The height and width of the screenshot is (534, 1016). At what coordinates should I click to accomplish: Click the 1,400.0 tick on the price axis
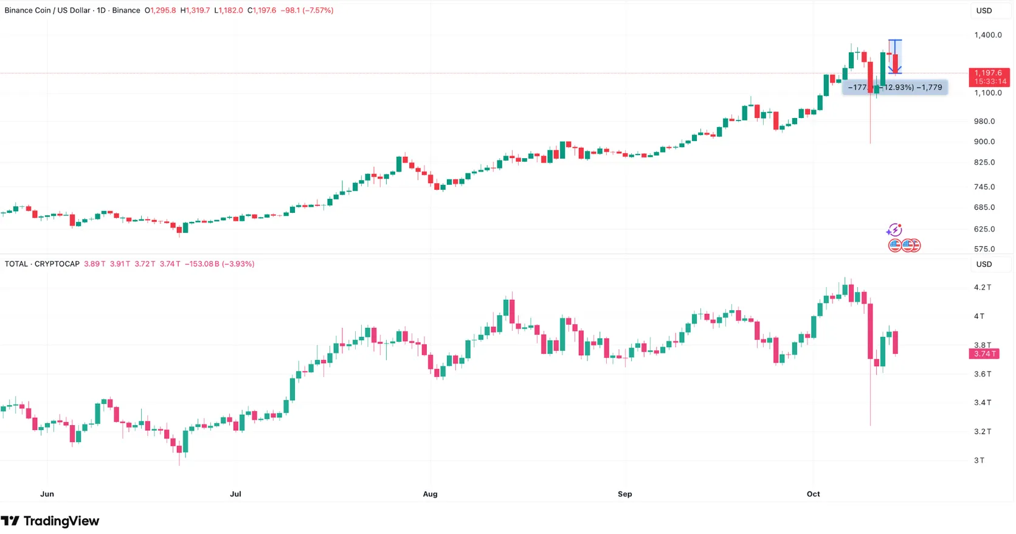click(987, 35)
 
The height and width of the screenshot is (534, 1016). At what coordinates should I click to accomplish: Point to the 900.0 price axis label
click(984, 142)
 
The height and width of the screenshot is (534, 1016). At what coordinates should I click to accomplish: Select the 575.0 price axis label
click(984, 249)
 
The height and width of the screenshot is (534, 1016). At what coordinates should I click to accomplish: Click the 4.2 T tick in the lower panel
click(983, 288)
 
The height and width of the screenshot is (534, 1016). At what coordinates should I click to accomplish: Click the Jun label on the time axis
click(47, 494)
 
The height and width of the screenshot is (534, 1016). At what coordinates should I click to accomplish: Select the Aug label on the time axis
click(430, 494)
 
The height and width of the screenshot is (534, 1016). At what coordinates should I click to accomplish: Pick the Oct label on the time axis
click(813, 494)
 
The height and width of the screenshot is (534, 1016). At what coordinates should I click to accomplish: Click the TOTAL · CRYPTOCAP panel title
click(42, 264)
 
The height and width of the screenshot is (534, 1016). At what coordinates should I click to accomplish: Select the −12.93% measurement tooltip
click(894, 88)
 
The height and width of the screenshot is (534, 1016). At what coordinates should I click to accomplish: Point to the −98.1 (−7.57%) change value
click(306, 10)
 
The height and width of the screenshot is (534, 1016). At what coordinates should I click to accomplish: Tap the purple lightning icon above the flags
click(894, 230)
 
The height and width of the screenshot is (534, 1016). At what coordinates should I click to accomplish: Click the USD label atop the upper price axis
click(984, 10)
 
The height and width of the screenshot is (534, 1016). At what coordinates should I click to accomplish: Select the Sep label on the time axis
click(624, 494)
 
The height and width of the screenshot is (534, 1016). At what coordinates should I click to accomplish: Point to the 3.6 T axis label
click(983, 374)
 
